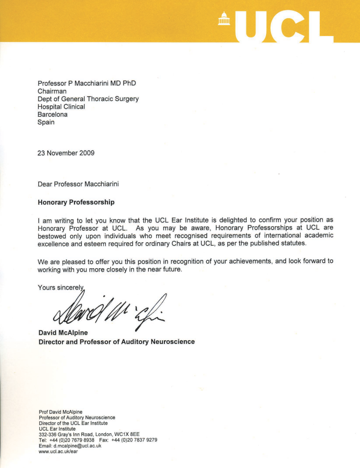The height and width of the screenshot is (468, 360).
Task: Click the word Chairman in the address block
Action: click(x=52, y=91)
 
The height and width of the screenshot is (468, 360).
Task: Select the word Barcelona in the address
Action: click(x=52, y=114)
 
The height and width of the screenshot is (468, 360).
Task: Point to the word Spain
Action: click(x=46, y=122)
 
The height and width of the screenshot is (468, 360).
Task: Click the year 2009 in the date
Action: click(x=86, y=153)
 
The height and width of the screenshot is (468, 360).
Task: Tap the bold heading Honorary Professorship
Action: click(x=76, y=201)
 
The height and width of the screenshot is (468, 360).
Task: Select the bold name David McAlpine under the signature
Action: click(x=63, y=333)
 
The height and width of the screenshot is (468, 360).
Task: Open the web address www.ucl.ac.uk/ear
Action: click(x=59, y=452)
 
